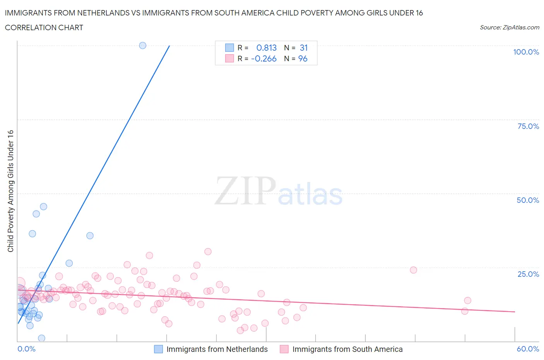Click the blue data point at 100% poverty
click(x=142, y=45)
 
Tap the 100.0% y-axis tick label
click(x=526, y=52)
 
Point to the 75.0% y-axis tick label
click(x=528, y=126)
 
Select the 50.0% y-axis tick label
click(x=527, y=200)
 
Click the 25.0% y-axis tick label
click(x=528, y=274)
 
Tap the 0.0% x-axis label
click(x=26, y=349)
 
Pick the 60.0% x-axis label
click(x=528, y=349)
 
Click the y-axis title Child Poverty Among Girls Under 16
click(x=10, y=191)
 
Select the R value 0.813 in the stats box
click(x=267, y=48)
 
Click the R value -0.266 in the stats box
click(x=264, y=58)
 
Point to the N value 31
click(x=304, y=48)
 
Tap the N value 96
click(x=303, y=58)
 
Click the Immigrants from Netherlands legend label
click(x=217, y=349)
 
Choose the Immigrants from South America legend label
click(x=347, y=349)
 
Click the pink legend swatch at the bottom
click(x=284, y=349)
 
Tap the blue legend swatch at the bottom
click(x=158, y=349)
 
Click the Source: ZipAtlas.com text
click(x=509, y=27)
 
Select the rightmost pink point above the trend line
click(x=467, y=301)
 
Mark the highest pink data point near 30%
click(x=208, y=252)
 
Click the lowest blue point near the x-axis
click(x=41, y=338)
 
